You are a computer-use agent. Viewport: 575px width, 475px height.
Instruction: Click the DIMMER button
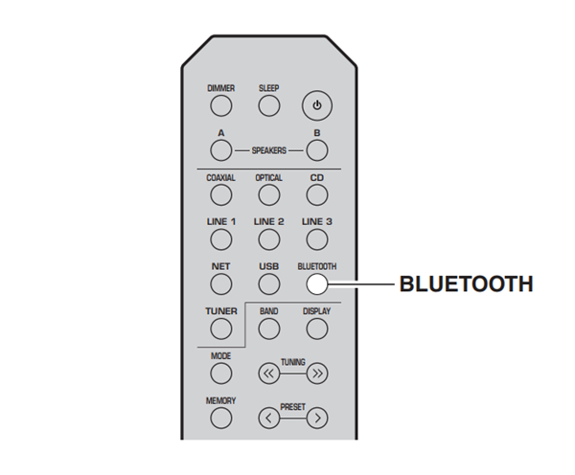click(220, 105)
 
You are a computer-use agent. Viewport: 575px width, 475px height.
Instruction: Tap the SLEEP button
click(268, 105)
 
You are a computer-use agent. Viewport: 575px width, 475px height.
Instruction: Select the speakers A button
click(220, 150)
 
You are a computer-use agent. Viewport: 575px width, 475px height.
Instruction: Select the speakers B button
click(316, 150)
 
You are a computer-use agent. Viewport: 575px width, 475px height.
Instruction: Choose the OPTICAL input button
click(268, 194)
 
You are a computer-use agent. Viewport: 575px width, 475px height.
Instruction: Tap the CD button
click(316, 194)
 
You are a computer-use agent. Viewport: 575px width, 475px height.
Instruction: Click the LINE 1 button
click(220, 238)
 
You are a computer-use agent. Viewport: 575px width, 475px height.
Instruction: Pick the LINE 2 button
click(268, 238)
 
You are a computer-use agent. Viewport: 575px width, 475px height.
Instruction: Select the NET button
click(220, 283)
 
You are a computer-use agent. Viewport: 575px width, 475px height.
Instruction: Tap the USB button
click(268, 283)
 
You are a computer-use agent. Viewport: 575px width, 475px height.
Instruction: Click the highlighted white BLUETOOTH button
click(316, 283)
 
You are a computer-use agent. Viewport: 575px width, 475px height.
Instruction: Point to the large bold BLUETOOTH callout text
click(465, 284)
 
